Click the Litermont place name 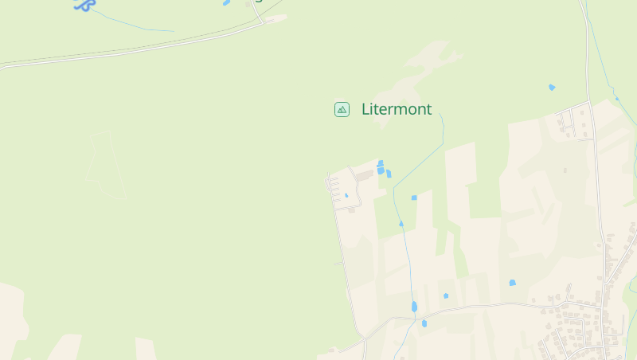tap(397, 109)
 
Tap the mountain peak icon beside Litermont tap(342, 109)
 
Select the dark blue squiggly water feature tap(84, 5)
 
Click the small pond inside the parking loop tap(346, 195)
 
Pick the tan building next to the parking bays tap(364, 174)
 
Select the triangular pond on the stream tap(401, 224)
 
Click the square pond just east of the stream tap(414, 198)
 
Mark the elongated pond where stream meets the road tap(414, 307)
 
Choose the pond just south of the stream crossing tap(424, 323)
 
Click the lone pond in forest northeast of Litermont tap(552, 87)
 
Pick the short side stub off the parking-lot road tap(338, 263)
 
